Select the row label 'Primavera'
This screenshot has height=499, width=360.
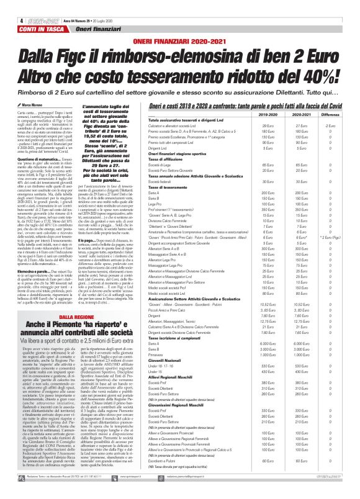pos(168,354)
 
